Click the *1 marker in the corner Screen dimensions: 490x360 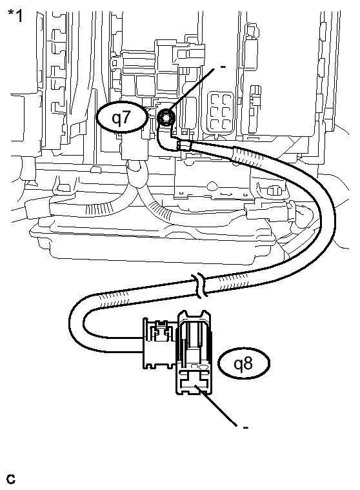coord(15,15)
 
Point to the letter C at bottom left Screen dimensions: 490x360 coord(11,479)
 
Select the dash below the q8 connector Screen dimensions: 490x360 coord(246,427)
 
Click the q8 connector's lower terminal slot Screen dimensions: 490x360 coord(194,386)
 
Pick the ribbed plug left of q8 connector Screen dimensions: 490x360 coord(158,342)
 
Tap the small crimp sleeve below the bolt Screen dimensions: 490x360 coord(184,147)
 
